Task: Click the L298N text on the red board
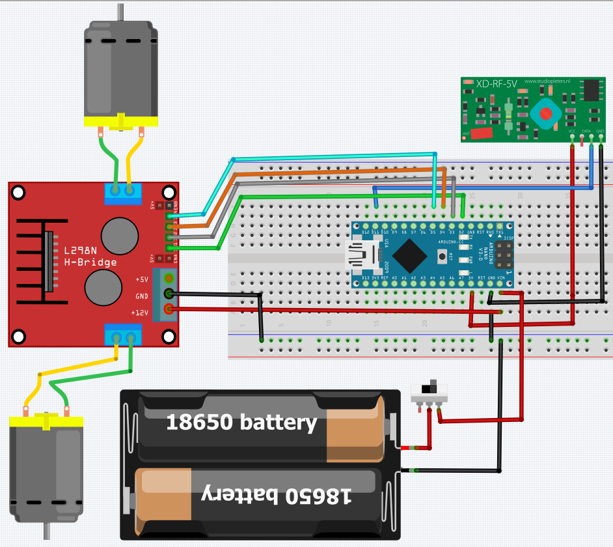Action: tap(81, 249)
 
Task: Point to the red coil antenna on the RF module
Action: tap(481, 133)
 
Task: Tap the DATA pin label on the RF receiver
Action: tap(586, 131)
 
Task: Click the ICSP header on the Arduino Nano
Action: tap(503, 256)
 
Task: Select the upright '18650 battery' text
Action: tap(241, 423)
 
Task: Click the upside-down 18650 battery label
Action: tap(277, 495)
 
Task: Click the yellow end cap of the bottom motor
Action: tap(46, 422)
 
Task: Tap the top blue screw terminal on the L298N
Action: tap(124, 190)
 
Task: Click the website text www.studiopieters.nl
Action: tap(547, 81)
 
